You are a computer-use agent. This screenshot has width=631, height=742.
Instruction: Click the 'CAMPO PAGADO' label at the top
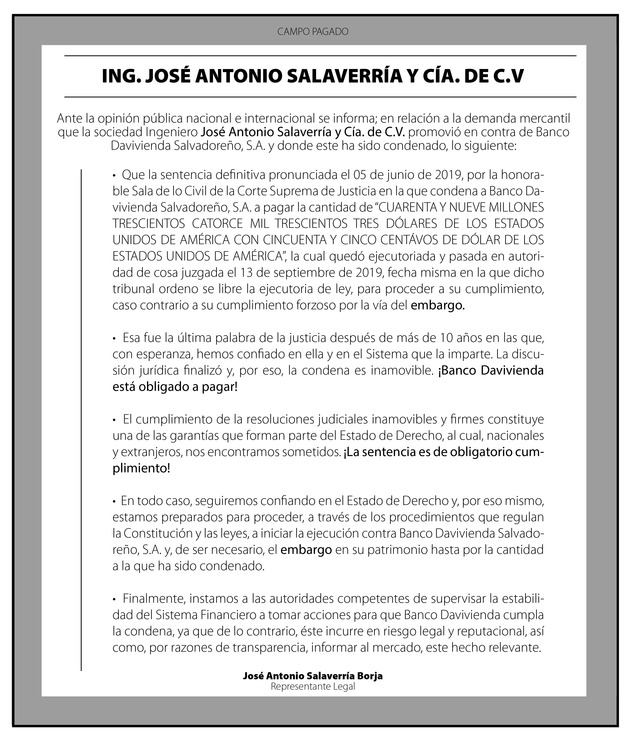pos(313,32)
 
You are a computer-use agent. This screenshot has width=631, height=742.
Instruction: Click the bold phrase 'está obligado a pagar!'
pos(175,387)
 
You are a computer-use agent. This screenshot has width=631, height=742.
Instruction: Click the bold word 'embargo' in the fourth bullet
pos(306,550)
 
